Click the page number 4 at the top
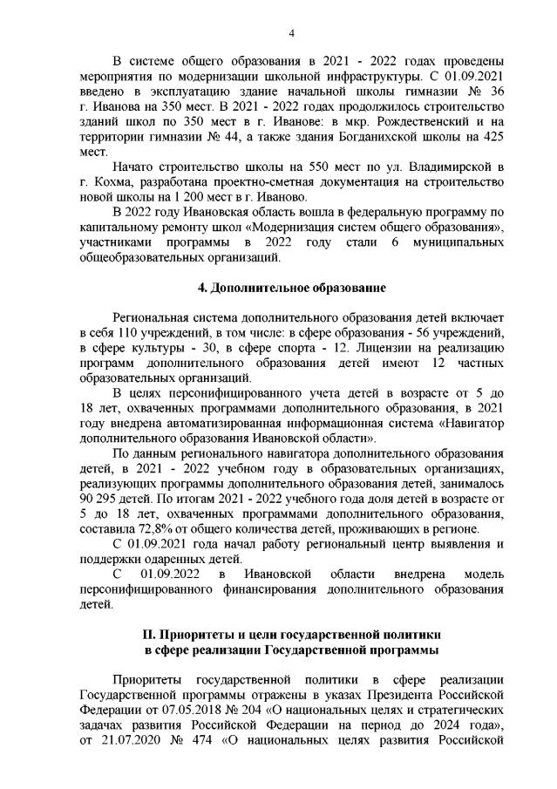292,33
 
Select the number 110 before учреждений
132,333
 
